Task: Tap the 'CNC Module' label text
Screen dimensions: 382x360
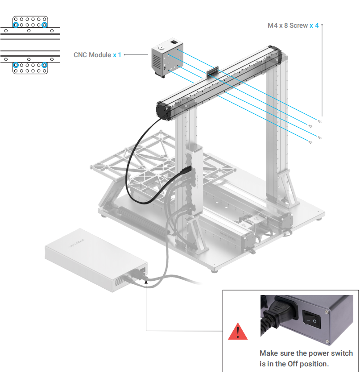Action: (x=92, y=55)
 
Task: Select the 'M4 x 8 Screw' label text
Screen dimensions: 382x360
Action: (x=287, y=25)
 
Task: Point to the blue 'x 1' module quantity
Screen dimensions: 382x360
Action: (x=117, y=55)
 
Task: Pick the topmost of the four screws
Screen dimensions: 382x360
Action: (x=319, y=121)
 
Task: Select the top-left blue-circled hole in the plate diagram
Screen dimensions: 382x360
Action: (x=16, y=25)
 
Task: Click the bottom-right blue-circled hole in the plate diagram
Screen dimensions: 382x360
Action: (x=45, y=65)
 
